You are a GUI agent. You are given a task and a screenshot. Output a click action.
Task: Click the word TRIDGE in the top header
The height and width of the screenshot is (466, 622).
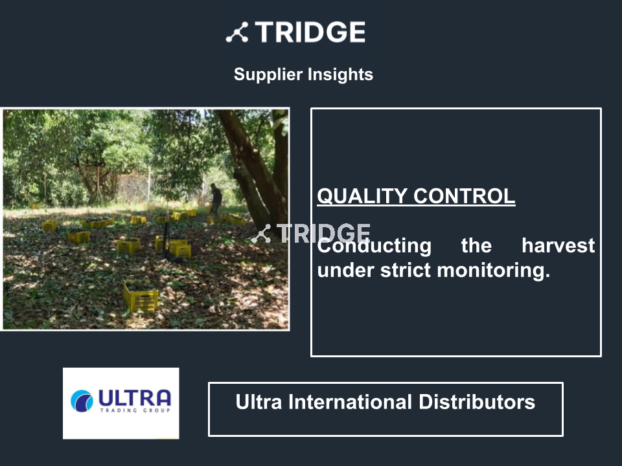tap(310, 32)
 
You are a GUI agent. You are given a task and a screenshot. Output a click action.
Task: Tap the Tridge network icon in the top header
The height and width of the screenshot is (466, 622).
tap(237, 32)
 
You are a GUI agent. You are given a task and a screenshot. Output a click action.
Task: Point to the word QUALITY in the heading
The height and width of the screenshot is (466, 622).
tap(362, 196)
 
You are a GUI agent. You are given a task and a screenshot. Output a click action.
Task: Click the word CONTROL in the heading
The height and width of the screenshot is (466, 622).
tap(464, 196)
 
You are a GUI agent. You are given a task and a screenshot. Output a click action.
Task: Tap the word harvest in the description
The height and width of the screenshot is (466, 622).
tap(558, 246)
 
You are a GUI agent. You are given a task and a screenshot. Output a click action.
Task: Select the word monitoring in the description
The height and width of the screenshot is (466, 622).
tap(494, 271)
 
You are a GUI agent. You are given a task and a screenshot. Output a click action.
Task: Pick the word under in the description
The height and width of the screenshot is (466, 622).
tap(346, 271)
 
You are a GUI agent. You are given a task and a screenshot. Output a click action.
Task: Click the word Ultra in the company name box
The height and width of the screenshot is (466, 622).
tap(259, 402)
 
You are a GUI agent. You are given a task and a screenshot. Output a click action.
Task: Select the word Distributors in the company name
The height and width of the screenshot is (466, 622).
tap(477, 402)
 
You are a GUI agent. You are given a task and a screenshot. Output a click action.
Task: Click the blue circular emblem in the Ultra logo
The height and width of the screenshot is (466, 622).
tap(82, 401)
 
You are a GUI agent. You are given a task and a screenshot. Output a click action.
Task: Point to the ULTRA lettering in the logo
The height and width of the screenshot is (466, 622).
tap(135, 397)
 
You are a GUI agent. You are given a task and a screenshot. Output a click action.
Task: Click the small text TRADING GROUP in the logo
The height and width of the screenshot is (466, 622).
tap(135, 410)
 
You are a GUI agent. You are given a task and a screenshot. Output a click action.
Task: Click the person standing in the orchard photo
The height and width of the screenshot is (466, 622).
tap(215, 200)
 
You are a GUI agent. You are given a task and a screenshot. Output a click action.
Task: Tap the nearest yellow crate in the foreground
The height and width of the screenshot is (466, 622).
tap(141, 296)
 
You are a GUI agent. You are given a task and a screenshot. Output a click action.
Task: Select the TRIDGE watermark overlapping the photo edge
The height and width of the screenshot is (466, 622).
tap(311, 234)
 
